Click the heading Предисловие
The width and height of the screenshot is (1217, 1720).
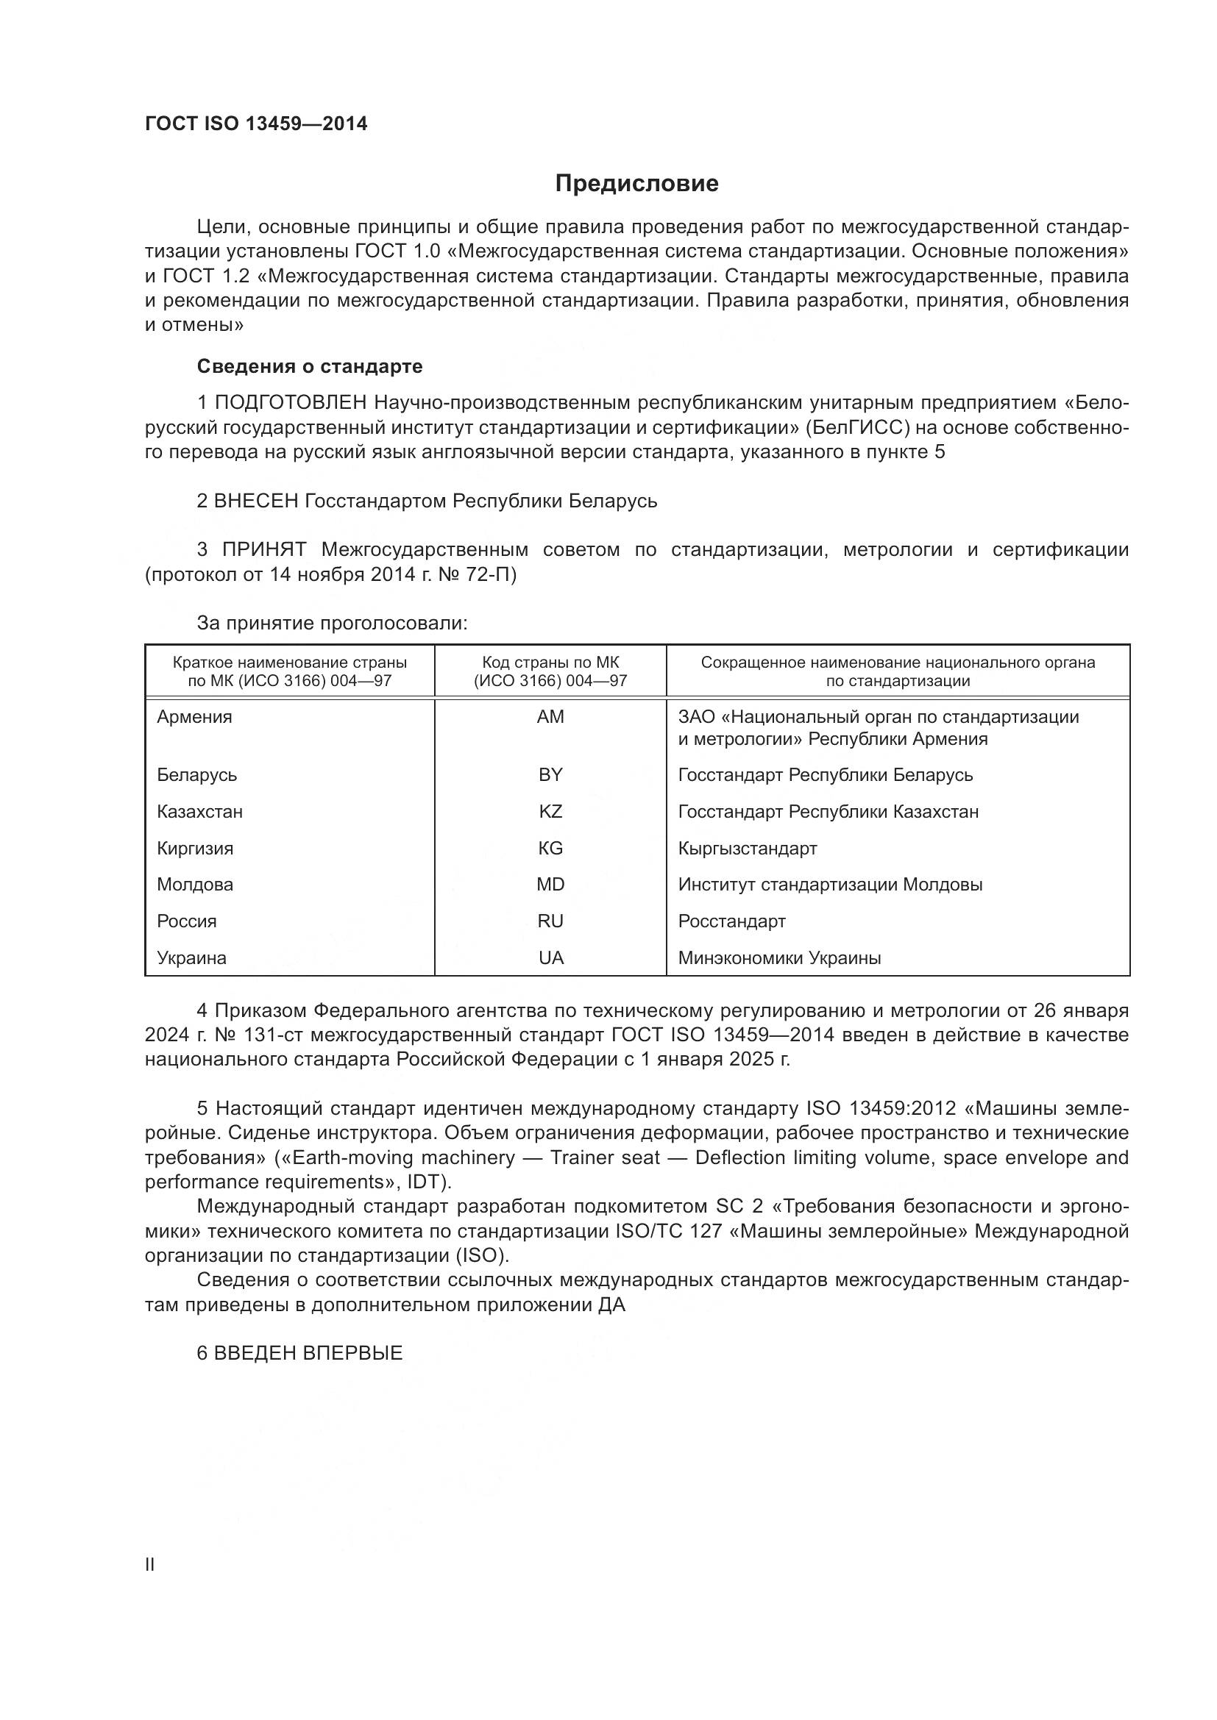(636, 184)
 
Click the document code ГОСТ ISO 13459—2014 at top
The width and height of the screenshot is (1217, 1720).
(256, 124)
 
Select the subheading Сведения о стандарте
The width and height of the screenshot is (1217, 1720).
(310, 366)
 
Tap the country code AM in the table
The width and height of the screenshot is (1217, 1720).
(550, 717)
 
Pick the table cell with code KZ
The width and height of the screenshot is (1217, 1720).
(550, 811)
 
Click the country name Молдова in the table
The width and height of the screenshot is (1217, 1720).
(195, 884)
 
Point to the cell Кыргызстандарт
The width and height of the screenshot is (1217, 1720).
(747, 848)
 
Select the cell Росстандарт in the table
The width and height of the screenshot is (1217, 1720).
(731, 921)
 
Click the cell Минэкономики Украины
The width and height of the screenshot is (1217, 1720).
(779, 957)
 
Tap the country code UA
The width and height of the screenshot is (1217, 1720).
(551, 957)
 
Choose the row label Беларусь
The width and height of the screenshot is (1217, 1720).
(197, 774)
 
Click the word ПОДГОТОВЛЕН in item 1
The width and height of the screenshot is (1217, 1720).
(291, 403)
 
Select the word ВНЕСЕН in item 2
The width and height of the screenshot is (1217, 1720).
(256, 501)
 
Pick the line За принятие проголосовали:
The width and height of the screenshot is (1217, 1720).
(332, 624)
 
